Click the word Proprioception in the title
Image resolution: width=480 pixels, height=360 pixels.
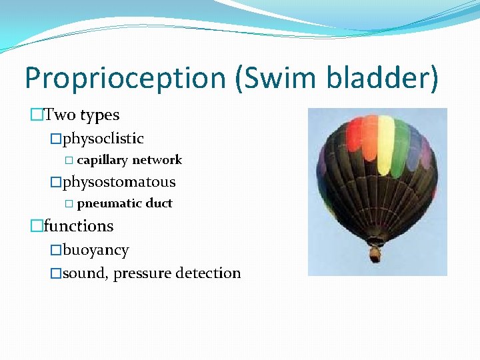pos(125,79)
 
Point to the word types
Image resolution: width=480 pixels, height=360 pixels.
pos(99,116)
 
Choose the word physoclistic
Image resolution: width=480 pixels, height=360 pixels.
pos(103,139)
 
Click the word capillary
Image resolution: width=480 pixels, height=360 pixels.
pos(103,161)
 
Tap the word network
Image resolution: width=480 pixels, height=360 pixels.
pos(157,160)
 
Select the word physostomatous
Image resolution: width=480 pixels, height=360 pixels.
pos(119,182)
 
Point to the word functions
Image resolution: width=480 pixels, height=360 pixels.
pos(79,226)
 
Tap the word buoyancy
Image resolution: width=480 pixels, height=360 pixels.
pos(96,251)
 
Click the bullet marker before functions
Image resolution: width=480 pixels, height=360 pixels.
pos(36,227)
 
